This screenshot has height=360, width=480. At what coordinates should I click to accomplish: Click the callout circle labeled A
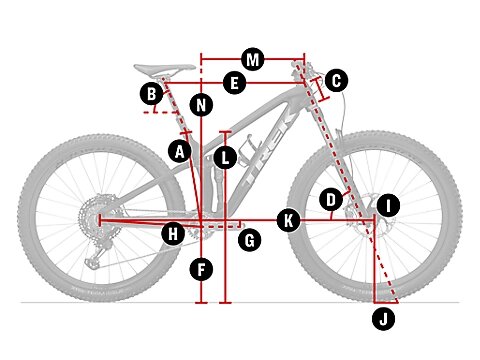[180, 151]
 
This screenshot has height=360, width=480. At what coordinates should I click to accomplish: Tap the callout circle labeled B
[152, 94]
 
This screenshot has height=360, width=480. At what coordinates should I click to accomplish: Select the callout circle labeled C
[336, 80]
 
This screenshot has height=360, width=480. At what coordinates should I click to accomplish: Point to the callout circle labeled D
[331, 200]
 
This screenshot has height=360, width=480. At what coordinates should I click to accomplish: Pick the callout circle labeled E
[235, 83]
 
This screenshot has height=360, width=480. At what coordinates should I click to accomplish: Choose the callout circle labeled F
[201, 269]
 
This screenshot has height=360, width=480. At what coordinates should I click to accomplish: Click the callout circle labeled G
[250, 240]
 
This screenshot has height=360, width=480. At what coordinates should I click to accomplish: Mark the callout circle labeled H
[173, 234]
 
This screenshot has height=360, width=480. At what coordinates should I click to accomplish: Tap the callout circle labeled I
[388, 206]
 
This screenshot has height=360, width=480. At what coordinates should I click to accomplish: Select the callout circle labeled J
[384, 319]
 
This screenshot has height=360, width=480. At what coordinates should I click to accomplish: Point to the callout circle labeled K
[289, 220]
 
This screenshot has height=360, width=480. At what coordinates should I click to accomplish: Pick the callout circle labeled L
[226, 158]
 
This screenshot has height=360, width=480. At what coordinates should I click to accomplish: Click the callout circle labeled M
[253, 60]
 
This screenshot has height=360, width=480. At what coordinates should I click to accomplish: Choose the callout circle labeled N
[201, 105]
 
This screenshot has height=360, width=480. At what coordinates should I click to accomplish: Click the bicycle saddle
[165, 69]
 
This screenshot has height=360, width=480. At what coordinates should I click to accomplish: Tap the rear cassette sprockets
[97, 216]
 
